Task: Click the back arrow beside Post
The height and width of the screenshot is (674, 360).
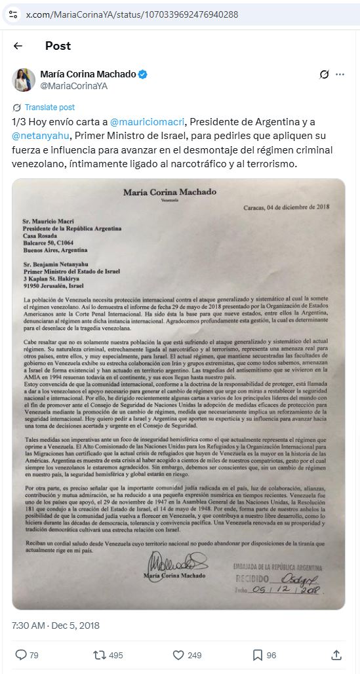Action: point(18,46)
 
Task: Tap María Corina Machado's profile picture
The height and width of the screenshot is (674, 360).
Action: point(24,79)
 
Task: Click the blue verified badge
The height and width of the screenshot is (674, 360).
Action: point(143,75)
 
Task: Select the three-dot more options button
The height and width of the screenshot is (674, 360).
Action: point(340,75)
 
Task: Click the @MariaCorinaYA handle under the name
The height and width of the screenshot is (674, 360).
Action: point(73,86)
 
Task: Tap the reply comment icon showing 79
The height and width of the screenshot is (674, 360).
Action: point(21,654)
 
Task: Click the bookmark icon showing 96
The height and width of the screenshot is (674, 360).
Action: point(258,654)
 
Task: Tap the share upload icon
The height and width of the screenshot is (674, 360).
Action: point(336,654)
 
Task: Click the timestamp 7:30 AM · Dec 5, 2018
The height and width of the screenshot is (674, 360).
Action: point(56,625)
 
